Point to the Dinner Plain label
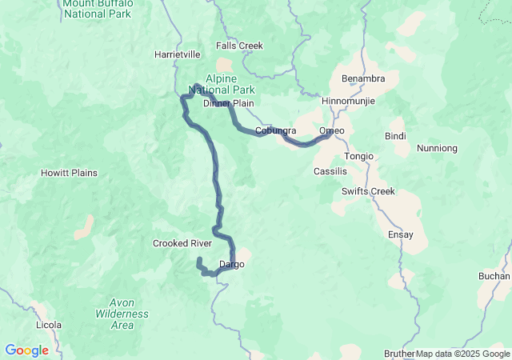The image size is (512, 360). click(228, 104)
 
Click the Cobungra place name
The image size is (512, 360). click(276, 130)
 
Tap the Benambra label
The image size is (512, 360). click(363, 78)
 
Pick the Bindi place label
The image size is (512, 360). click(395, 136)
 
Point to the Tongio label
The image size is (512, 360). click(358, 156)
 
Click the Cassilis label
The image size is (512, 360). click(330, 171)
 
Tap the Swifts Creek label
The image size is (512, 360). click(368, 191)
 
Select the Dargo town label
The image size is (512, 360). click(231, 264)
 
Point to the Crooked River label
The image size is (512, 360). click(182, 243)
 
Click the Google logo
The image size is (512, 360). click(26, 350)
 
